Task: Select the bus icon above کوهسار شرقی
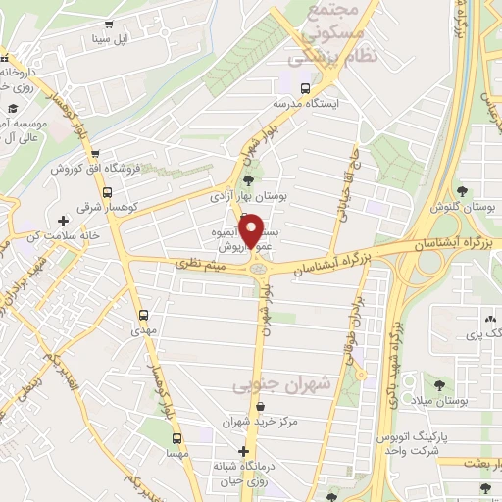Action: point(107,194)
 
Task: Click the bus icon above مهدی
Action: point(144,316)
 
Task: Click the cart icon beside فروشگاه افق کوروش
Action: point(93,154)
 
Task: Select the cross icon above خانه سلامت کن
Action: point(64,222)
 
